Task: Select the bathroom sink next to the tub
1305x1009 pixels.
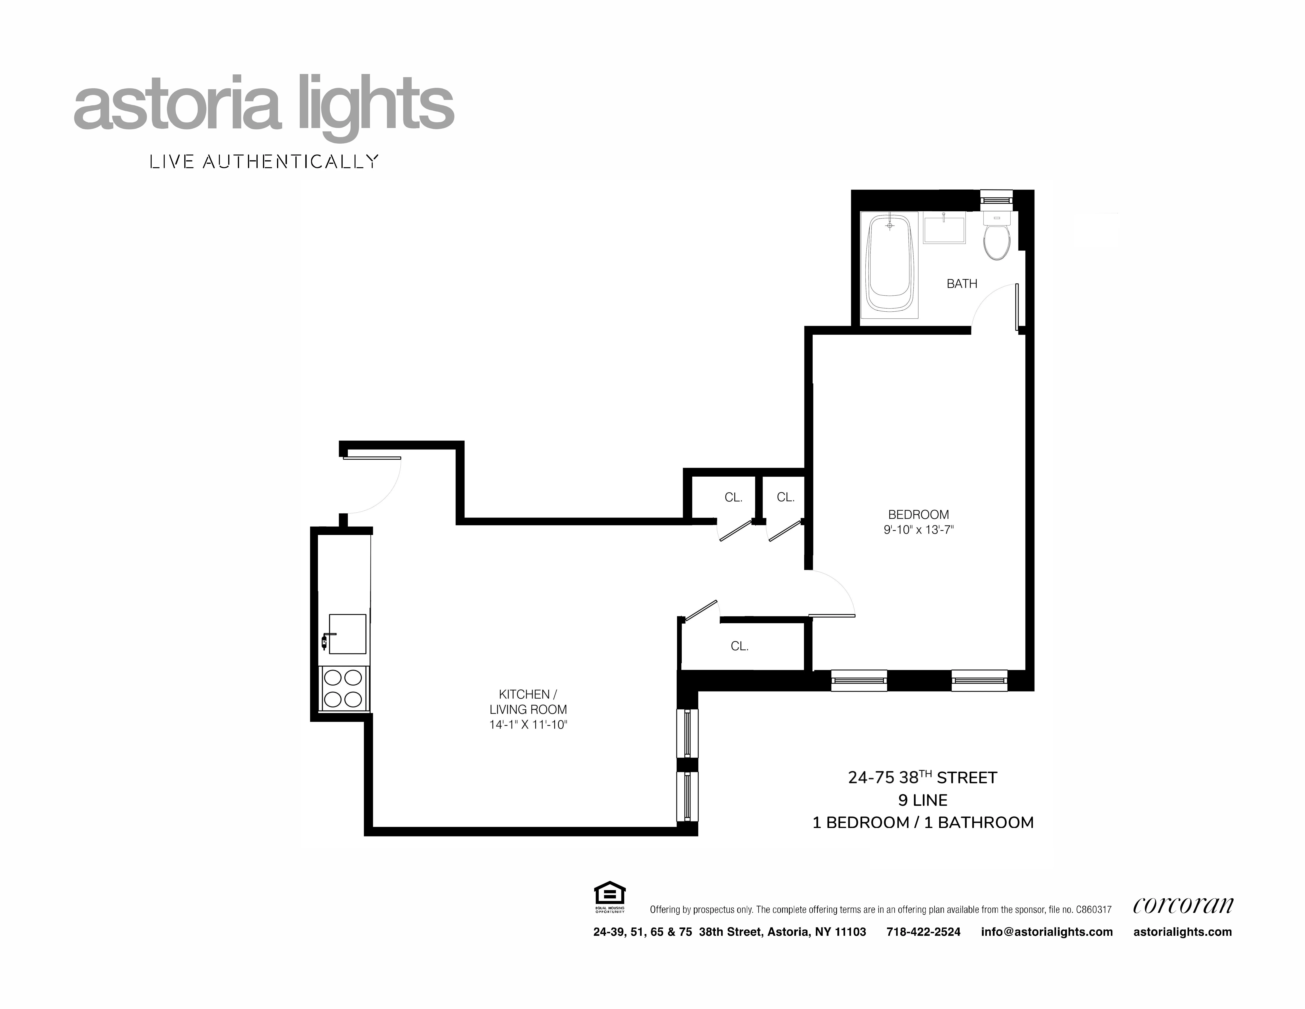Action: [x=944, y=230]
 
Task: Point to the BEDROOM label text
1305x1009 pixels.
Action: [x=918, y=515]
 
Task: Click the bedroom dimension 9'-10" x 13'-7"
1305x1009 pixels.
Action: [x=918, y=530]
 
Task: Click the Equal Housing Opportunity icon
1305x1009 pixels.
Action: [x=609, y=897]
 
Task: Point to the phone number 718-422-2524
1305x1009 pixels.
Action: [x=923, y=932]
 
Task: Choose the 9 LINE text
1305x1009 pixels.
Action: [x=923, y=800]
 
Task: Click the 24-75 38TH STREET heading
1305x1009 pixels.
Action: [x=923, y=778]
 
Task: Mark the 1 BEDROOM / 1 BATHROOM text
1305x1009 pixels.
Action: [x=923, y=822]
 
